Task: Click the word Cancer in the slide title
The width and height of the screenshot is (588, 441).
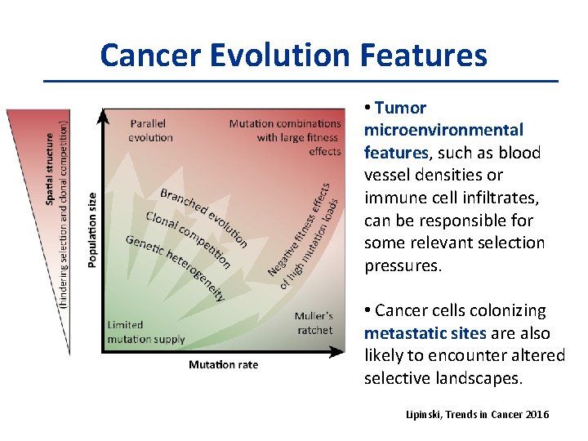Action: pyautogui.click(x=151, y=56)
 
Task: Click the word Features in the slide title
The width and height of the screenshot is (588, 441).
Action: pyautogui.click(x=429, y=56)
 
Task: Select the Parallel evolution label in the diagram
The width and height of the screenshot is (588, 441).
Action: pyautogui.click(x=151, y=131)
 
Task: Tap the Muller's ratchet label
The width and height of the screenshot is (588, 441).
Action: pyautogui.click(x=314, y=323)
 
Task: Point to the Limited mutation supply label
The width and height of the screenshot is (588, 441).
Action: pyautogui.click(x=146, y=332)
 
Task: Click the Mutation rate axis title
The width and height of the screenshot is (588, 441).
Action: pyautogui.click(x=223, y=364)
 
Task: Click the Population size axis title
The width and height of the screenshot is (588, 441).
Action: pyautogui.click(x=92, y=229)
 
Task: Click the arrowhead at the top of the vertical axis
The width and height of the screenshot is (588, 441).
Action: pyautogui.click(x=102, y=116)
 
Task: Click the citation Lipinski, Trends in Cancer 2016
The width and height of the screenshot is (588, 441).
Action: pyautogui.click(x=478, y=415)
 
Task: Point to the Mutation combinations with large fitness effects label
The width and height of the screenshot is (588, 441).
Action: pyautogui.click(x=286, y=137)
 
